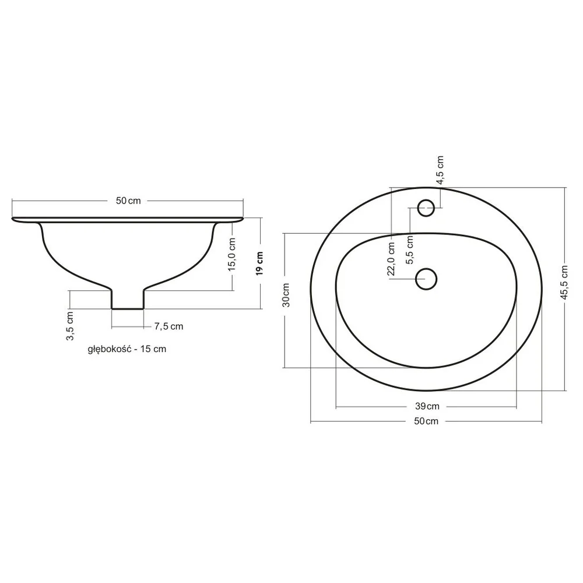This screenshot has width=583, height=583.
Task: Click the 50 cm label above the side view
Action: (128, 201)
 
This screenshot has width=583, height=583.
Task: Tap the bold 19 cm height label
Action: (259, 264)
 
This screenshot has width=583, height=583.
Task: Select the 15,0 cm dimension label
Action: (232, 254)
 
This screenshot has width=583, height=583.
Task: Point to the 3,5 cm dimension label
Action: (70, 326)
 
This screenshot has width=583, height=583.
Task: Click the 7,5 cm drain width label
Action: (169, 326)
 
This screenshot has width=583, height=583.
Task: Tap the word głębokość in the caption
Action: (110, 349)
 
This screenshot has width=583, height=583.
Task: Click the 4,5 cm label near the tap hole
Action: (440, 170)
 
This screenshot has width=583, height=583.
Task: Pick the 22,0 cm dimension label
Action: (391, 259)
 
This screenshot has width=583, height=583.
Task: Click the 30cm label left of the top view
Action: (286, 295)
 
